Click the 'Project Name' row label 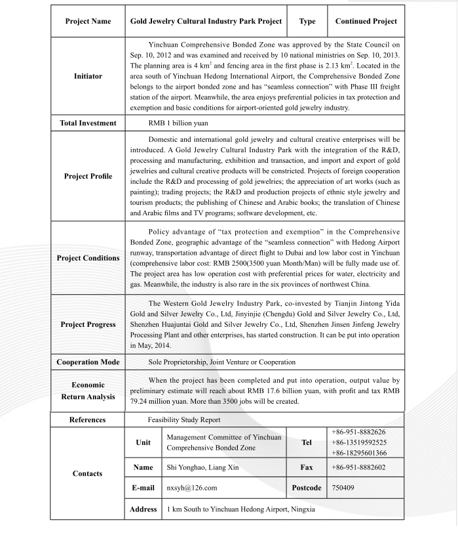pos(87,22)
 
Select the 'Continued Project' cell pos(366,22)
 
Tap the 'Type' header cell pos(307,22)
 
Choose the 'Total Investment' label pos(87,123)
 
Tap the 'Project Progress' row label pos(87,324)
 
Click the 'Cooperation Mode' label pos(87,362)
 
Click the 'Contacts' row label pos(87,474)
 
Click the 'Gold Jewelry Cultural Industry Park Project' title pos(206,22)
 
